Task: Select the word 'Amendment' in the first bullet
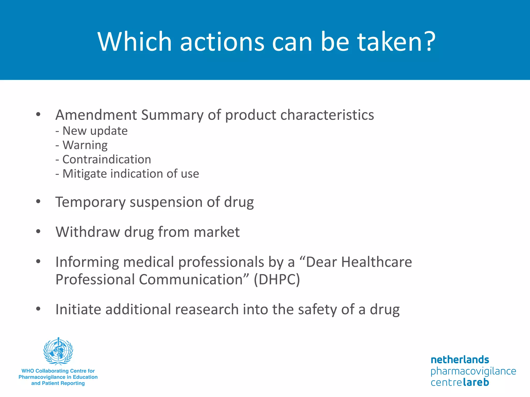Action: (x=96, y=115)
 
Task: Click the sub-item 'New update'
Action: (x=95, y=131)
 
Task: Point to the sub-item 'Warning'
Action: (x=85, y=145)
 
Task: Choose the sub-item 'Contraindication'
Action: (x=106, y=159)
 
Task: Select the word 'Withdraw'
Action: (x=87, y=232)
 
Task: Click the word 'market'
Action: (x=217, y=232)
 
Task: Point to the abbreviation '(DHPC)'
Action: (x=277, y=280)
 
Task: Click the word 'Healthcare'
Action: (x=377, y=262)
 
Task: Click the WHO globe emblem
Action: (x=58, y=351)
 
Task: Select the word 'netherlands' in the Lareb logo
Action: (x=460, y=360)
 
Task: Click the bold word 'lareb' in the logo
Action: (x=476, y=382)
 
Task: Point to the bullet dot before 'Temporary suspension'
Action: (x=38, y=201)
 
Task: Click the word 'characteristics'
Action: (x=327, y=115)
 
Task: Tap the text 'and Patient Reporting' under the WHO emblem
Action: (x=58, y=383)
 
